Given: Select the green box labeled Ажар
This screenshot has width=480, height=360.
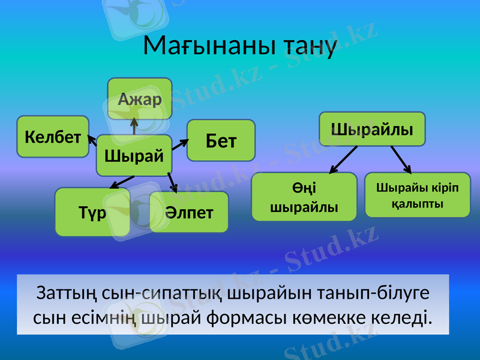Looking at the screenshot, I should click(140, 98).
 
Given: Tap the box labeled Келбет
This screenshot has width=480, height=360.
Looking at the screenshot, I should click(53, 137).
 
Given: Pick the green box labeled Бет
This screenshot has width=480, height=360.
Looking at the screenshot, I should click(221, 141).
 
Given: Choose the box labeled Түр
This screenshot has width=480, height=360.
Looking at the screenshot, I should click(92, 212).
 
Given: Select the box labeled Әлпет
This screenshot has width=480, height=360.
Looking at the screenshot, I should click(189, 212).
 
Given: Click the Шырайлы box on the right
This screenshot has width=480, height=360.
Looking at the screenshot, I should click(372, 129).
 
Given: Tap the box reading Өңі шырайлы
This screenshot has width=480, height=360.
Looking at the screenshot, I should click(304, 197).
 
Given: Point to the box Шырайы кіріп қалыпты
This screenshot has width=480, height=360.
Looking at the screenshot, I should click(418, 195).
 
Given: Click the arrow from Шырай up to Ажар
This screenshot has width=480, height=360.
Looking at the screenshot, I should click(134, 125).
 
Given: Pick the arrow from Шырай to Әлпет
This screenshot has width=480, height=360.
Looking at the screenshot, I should click(172, 182).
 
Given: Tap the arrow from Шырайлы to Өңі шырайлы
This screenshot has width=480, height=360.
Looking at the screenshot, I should click(343, 159).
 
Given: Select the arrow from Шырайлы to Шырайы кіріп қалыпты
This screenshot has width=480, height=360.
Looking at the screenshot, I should click(401, 159).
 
